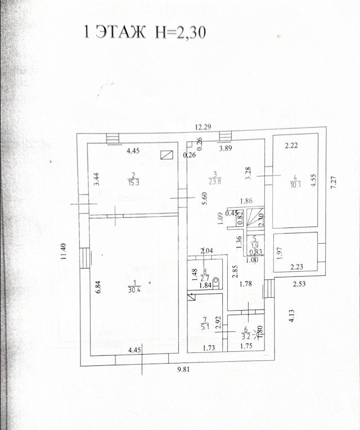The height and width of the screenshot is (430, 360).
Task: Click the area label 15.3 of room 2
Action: tap(133, 182)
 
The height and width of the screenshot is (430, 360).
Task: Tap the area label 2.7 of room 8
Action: tap(206, 278)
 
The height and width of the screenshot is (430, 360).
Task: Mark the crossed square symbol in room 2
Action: tap(166, 155)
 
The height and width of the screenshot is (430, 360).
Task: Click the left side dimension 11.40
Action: tap(65, 250)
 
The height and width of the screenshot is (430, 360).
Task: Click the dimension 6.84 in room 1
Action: tap(98, 285)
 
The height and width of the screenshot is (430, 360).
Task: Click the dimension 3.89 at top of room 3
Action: tap(226, 149)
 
